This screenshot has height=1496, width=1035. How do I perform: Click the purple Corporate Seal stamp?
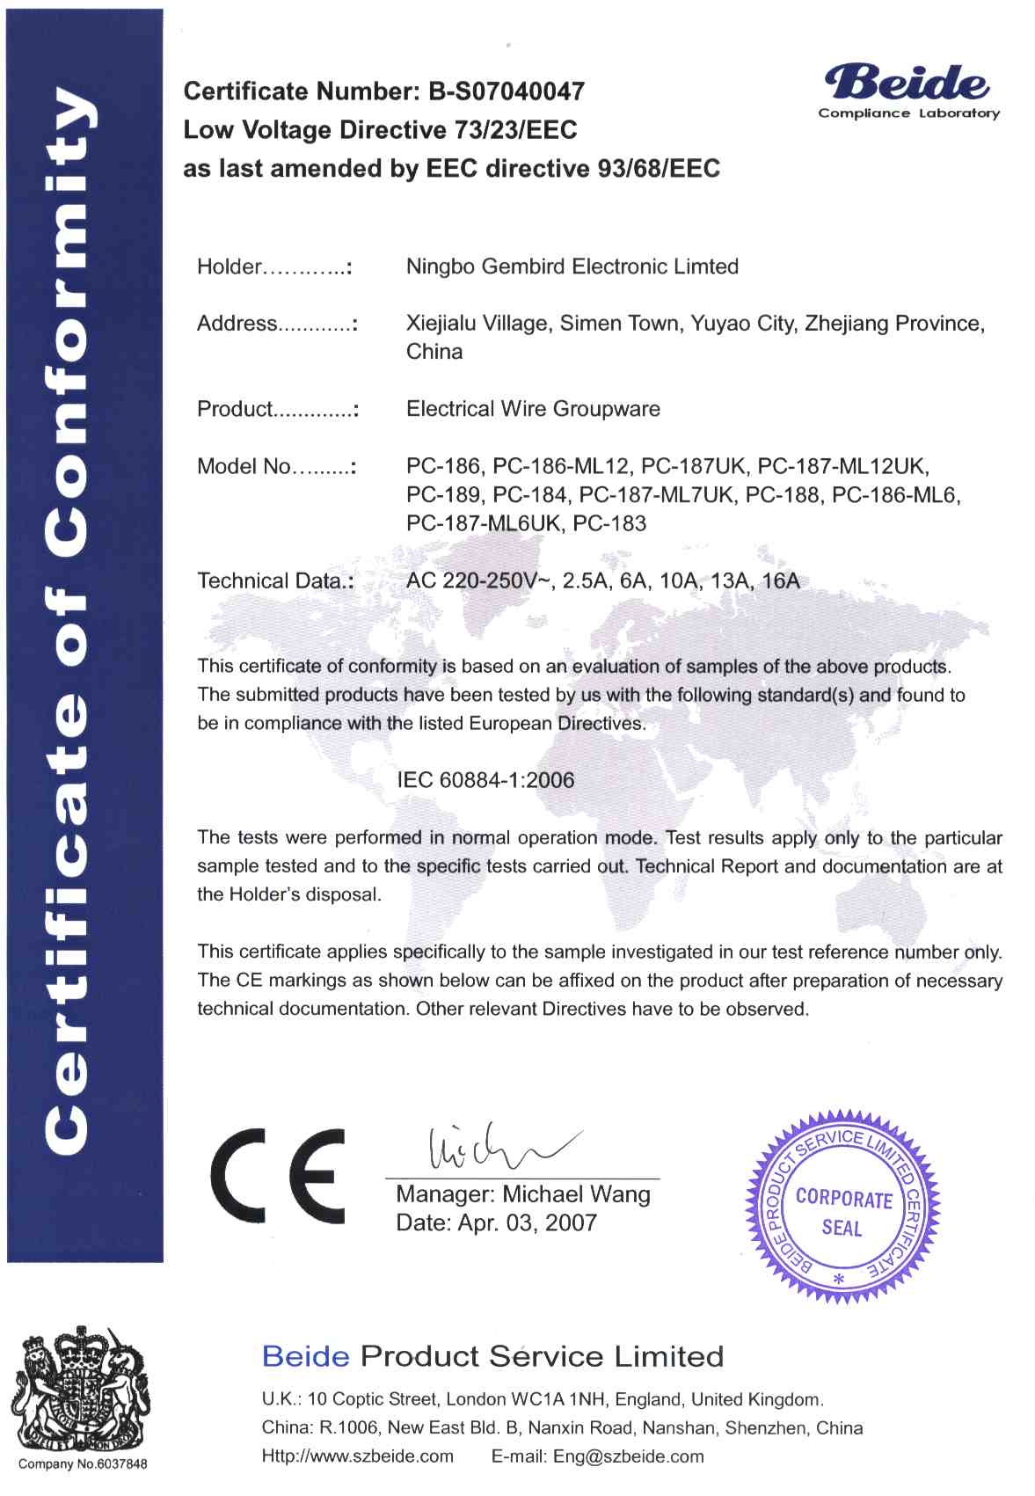[x=842, y=1208]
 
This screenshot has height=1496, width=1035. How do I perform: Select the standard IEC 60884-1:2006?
[x=485, y=780]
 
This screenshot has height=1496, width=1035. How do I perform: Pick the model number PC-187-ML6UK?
[x=483, y=524]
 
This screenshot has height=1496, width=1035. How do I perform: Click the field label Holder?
[x=230, y=267]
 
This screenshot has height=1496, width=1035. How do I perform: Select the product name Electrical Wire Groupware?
[x=533, y=409]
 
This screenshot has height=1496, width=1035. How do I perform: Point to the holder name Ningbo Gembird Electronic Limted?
[x=572, y=267]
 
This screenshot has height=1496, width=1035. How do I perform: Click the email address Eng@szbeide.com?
[x=628, y=1456]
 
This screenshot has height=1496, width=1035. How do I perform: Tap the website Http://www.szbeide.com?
[x=357, y=1456]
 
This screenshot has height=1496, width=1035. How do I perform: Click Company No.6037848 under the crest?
[x=83, y=1464]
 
